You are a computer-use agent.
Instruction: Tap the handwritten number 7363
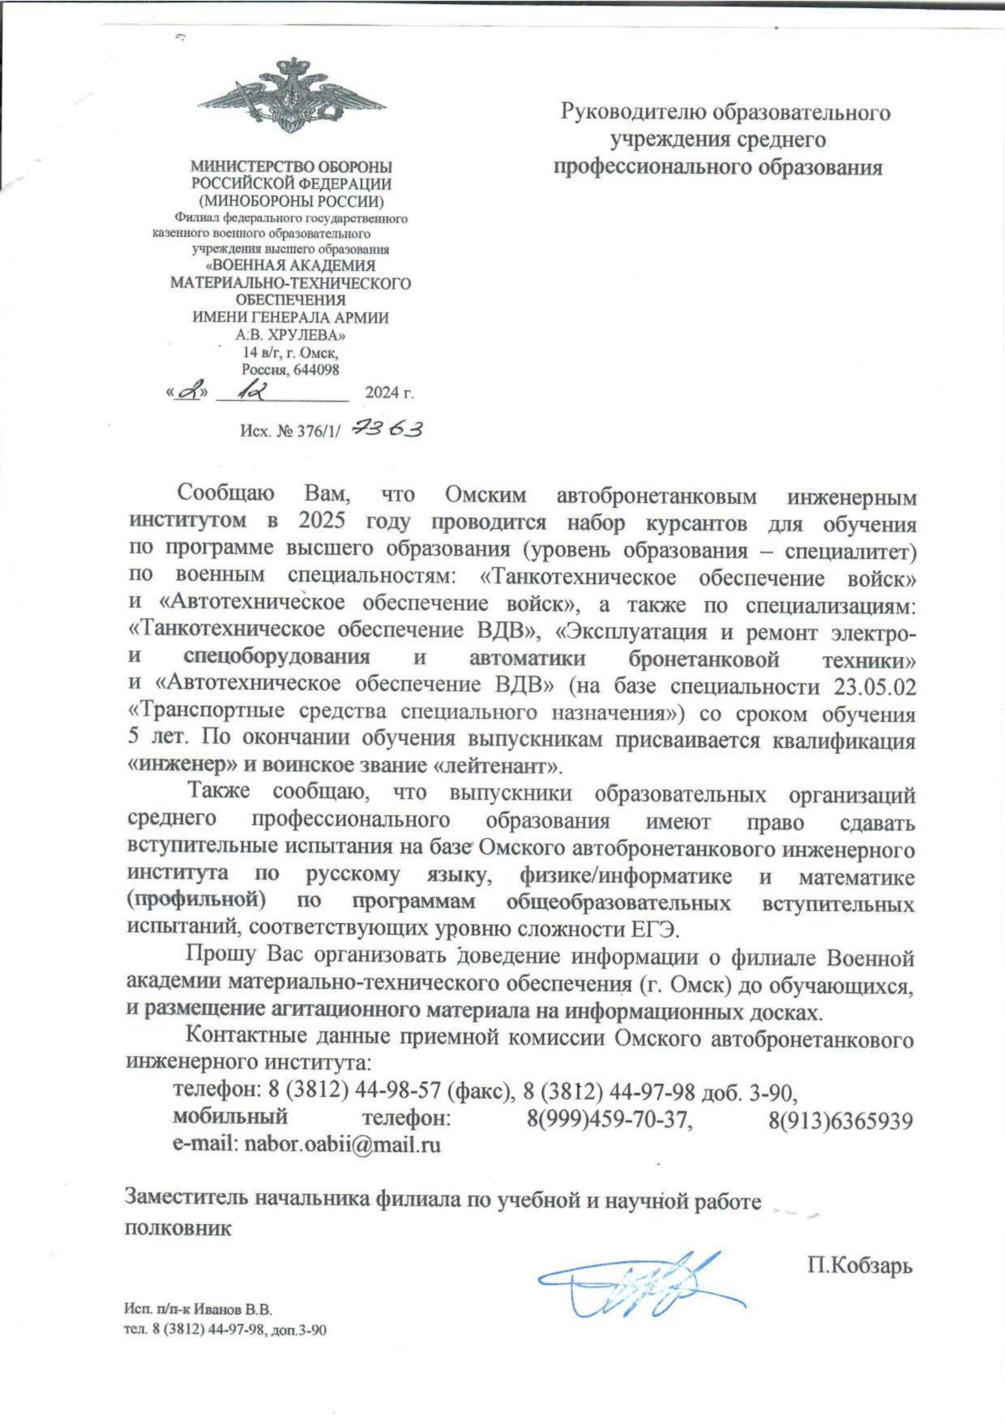coord(387,429)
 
